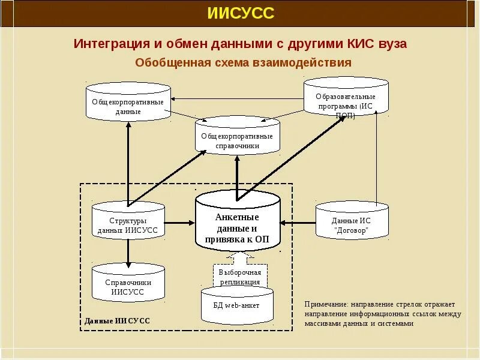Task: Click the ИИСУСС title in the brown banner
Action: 240,13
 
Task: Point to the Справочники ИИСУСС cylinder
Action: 128,286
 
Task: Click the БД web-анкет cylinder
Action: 237,305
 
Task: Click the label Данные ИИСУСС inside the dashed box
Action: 117,321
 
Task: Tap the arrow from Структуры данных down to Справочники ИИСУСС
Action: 128,252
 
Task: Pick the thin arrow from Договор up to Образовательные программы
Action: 377,156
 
